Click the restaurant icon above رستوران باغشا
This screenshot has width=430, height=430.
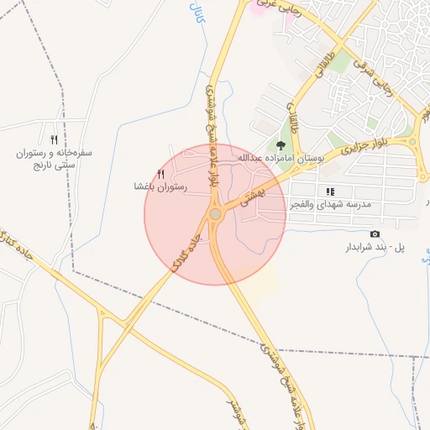[x=161, y=173]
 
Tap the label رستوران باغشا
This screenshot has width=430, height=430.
[x=160, y=186]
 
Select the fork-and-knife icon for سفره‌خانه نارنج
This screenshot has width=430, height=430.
[x=55, y=139]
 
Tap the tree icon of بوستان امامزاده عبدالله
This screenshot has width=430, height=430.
[x=281, y=145]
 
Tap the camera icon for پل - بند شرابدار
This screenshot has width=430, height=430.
[x=375, y=233]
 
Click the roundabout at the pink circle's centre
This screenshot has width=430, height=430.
[x=215, y=215]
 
